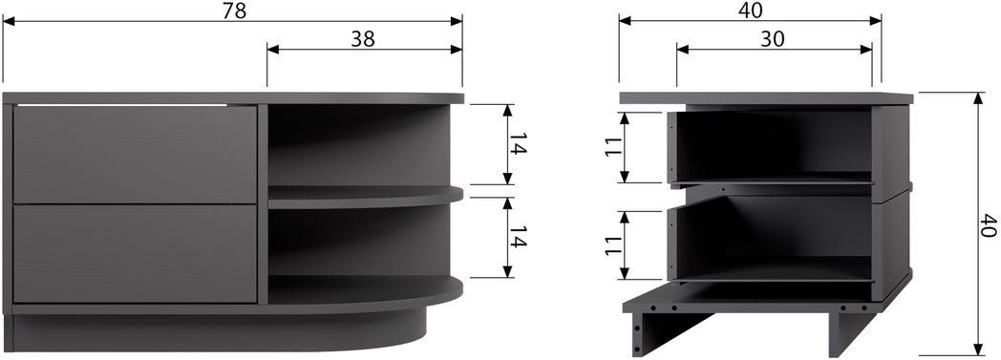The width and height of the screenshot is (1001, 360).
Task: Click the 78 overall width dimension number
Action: [234, 11]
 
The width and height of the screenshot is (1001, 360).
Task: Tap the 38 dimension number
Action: [363, 39]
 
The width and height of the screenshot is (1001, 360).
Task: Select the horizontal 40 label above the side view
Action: [751, 11]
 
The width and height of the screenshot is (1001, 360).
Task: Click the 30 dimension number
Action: [773, 39]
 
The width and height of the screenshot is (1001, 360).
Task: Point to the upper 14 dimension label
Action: [519, 145]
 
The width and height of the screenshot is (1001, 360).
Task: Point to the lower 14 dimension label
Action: [519, 236]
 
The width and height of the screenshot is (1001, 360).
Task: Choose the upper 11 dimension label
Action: [614, 147]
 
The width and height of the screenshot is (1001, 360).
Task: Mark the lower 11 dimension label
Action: [614, 245]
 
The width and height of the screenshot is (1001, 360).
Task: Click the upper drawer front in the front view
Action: [135, 155]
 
